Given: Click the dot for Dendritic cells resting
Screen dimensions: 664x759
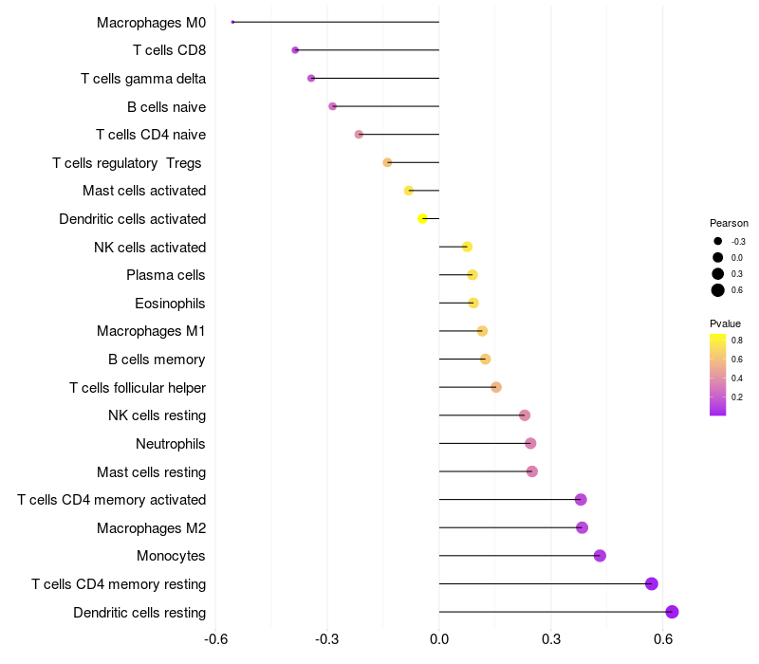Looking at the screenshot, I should (x=672, y=612).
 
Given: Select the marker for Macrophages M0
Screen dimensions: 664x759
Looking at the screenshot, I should (x=232, y=22).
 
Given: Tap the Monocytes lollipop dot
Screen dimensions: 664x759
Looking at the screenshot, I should (x=600, y=556).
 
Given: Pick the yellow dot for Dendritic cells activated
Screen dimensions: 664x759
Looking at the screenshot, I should (x=422, y=219).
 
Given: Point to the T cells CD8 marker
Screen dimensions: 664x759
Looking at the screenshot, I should (x=295, y=50).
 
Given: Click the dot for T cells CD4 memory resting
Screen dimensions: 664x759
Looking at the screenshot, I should (x=651, y=583).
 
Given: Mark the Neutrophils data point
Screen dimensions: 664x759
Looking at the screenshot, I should (x=530, y=443).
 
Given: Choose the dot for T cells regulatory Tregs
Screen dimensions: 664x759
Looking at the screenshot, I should (x=387, y=162).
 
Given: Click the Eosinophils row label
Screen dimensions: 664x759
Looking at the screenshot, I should (x=170, y=304).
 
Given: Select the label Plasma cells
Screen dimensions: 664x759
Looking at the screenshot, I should (x=165, y=275).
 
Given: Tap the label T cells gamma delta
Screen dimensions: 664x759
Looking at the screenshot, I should (x=143, y=79).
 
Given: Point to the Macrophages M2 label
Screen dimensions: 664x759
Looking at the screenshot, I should (x=151, y=527).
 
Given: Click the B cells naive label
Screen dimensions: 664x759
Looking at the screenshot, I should (x=166, y=106).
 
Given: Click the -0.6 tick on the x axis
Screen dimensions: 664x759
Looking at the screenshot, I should (x=216, y=639).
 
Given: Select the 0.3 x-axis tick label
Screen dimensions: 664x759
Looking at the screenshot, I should (x=551, y=639).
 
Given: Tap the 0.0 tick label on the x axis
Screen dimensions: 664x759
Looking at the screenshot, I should (x=439, y=639).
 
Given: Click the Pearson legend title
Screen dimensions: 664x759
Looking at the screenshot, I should (x=729, y=223).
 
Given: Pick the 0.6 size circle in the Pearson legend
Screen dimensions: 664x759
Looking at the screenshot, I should (x=718, y=290).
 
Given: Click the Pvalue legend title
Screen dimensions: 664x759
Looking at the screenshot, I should (x=726, y=323).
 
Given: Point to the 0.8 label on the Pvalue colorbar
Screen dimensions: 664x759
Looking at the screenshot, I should (x=736, y=340).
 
